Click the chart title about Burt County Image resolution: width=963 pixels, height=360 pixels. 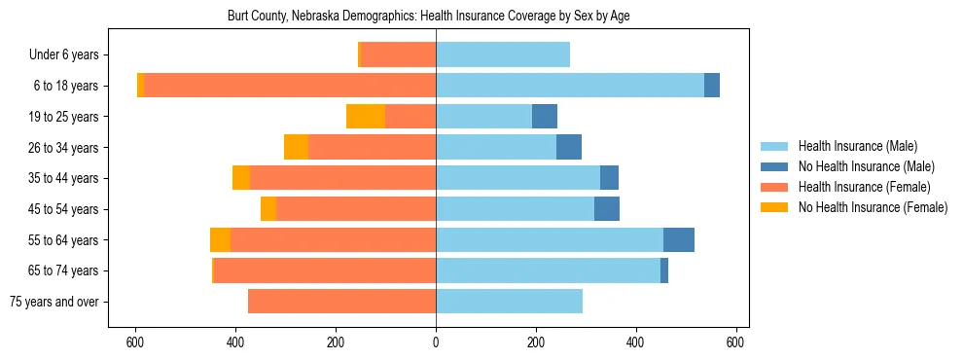(x=436, y=17)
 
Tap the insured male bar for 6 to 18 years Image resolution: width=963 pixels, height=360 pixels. (x=570, y=86)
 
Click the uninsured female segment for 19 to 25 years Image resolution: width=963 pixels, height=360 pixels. (x=366, y=117)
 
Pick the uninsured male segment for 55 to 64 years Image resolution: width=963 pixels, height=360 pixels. (x=679, y=240)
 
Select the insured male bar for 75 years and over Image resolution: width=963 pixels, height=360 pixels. (x=509, y=302)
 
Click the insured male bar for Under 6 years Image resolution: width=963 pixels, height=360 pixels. (x=503, y=54)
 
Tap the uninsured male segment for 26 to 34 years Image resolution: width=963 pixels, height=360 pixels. (x=569, y=147)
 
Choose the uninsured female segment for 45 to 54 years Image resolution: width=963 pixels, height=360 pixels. (x=268, y=209)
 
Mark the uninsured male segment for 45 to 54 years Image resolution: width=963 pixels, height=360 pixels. (x=607, y=209)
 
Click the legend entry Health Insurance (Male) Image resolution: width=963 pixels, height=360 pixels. (x=857, y=146)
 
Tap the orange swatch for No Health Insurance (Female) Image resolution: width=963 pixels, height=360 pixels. (x=774, y=207)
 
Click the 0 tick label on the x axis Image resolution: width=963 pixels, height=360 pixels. (x=436, y=342)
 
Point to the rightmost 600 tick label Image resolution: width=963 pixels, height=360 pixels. (x=736, y=342)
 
